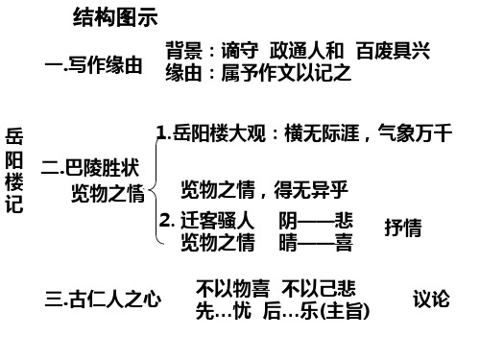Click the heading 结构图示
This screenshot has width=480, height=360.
coord(114,18)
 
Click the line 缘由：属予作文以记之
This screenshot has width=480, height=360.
coord(259,72)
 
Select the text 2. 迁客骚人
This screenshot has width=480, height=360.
coord(207,222)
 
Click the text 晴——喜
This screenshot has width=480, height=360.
coord(316,243)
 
